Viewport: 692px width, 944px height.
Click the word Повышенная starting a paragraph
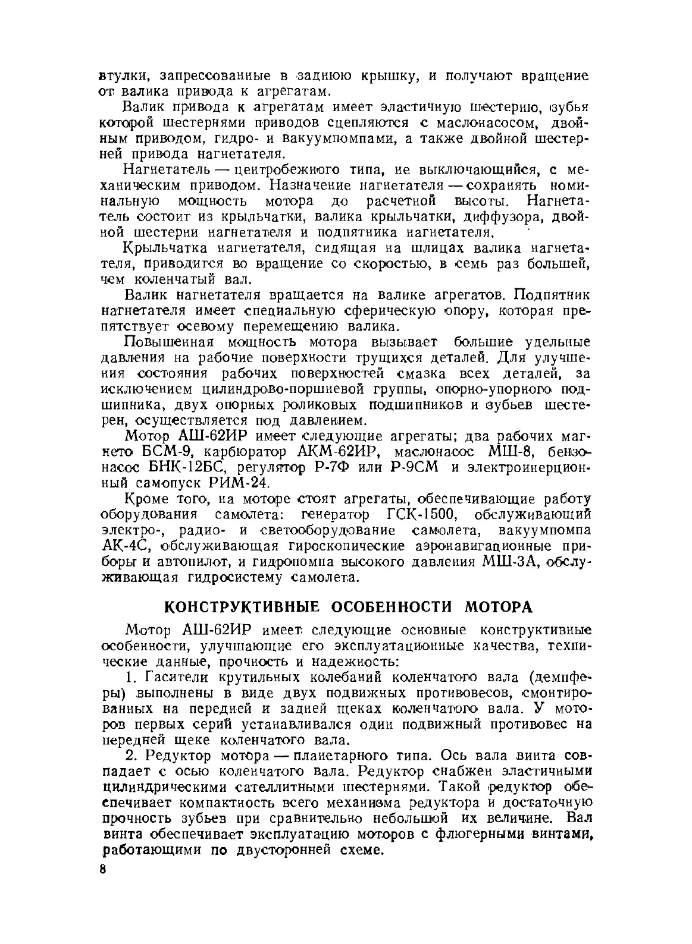point(168,343)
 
